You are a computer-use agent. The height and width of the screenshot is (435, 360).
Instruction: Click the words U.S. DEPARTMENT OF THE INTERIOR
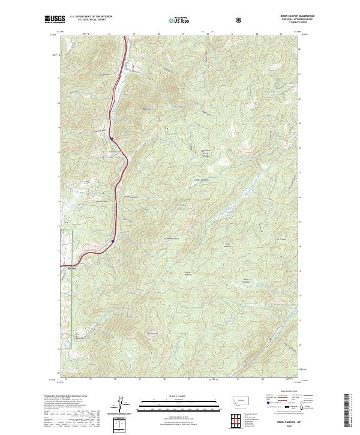[91, 16]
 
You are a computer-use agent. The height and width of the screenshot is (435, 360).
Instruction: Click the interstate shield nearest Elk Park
[112, 241]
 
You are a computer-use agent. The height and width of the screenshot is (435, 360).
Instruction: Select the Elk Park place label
[70, 268]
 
